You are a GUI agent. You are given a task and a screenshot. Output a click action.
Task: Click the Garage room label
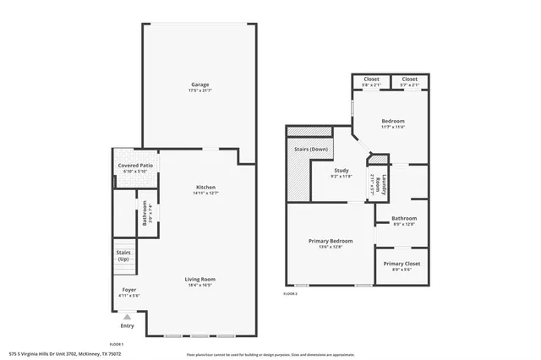(199, 85)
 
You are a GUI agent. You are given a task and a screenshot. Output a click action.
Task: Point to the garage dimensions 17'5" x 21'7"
(199, 90)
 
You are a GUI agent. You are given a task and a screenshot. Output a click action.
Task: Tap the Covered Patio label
(135, 166)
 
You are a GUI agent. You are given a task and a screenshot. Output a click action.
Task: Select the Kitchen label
(206, 187)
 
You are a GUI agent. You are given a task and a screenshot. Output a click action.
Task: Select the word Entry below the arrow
(128, 325)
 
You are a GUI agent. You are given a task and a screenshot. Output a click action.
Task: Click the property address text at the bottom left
(65, 354)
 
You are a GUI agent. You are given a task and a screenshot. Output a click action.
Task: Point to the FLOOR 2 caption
(291, 294)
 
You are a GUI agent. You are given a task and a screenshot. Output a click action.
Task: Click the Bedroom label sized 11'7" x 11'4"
(392, 121)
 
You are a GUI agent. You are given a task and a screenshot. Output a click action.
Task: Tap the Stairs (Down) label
(311, 149)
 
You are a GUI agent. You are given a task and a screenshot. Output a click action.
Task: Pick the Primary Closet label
(402, 264)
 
